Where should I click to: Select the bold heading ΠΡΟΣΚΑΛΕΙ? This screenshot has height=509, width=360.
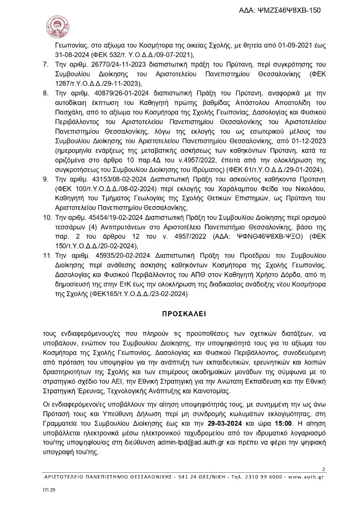[x=180, y=312]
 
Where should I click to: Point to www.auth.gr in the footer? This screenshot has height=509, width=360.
[x=309, y=477]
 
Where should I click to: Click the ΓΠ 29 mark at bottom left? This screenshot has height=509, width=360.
[x=49, y=491]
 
